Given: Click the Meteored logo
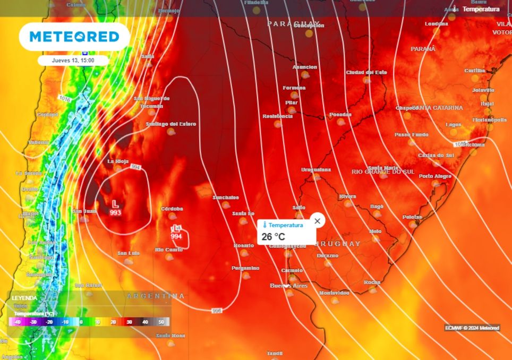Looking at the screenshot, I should pyautogui.click(x=74, y=37).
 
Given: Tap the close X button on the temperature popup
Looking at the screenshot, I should pyautogui.click(x=317, y=221).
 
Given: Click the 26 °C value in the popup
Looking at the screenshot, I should pyautogui.click(x=273, y=237).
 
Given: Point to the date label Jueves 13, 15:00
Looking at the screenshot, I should pyautogui.click(x=73, y=61).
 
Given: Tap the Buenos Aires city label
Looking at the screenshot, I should pyautogui.click(x=288, y=286).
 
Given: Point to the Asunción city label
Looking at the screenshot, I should pyautogui.click(x=305, y=67).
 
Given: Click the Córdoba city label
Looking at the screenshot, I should pyautogui.click(x=172, y=209).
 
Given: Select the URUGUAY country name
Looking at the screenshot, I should pyautogui.click(x=337, y=244).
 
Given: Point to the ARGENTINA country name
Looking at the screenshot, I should pyautogui.click(x=156, y=296).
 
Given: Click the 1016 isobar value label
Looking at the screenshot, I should pyautogui.click(x=65, y=99).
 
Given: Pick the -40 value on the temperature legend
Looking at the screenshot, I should pyautogui.click(x=17, y=322).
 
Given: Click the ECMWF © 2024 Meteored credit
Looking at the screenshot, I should pyautogui.click(x=472, y=328).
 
